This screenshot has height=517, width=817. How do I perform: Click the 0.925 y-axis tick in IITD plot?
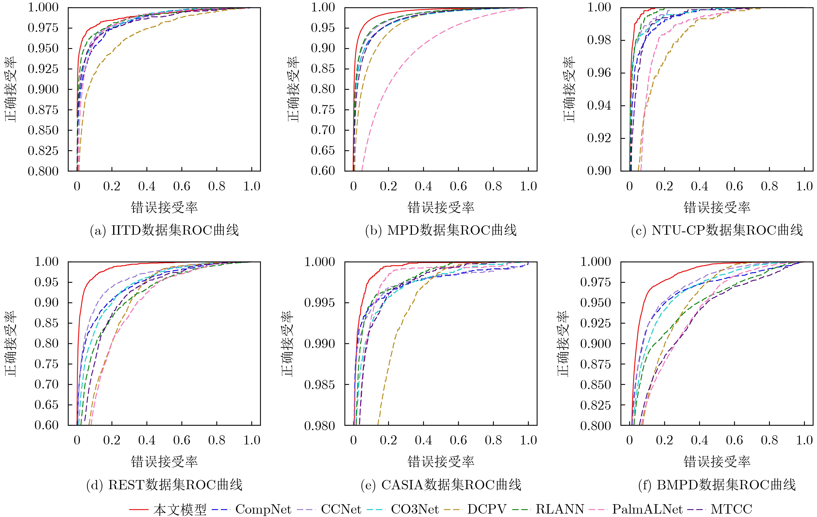tap(43, 69)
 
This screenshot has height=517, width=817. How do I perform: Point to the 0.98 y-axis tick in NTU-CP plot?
tap(599, 40)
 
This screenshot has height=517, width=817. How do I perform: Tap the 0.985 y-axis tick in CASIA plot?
tap(319, 385)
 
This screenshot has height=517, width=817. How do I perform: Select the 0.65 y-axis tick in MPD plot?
tap(323, 150)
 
